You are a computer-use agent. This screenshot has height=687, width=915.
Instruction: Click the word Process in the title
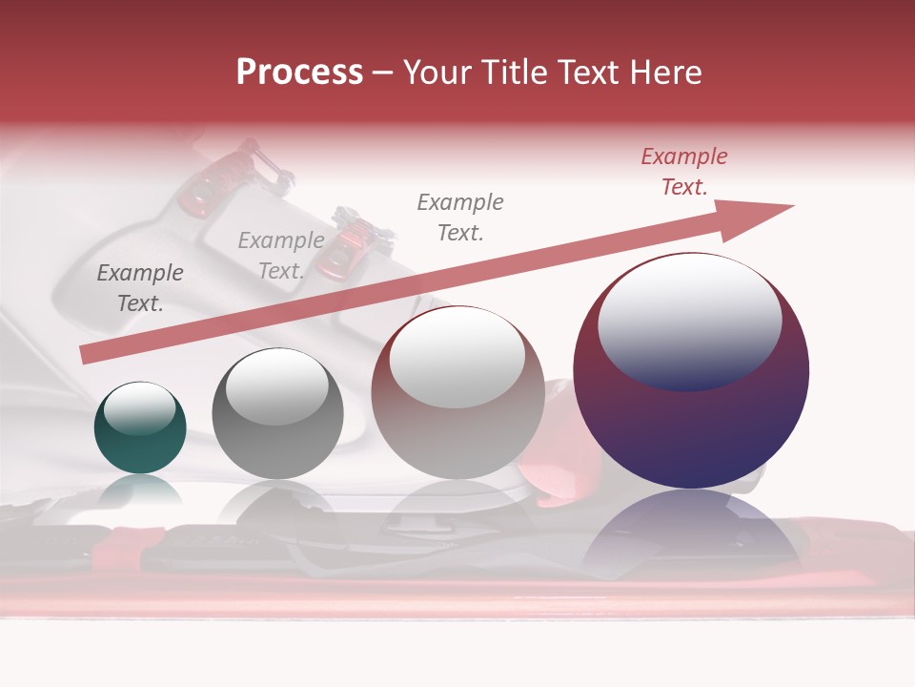coord(299,73)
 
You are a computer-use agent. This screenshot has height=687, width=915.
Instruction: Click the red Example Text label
coord(684,172)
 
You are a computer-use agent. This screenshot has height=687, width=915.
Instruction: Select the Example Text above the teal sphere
coord(140,288)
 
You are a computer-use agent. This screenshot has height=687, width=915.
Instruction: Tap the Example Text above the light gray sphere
coord(460,218)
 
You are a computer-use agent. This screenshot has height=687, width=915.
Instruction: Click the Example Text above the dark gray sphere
coord(281,256)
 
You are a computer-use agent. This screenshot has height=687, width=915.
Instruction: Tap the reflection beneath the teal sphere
coord(140,490)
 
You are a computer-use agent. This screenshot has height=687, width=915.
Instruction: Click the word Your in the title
coord(438,73)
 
